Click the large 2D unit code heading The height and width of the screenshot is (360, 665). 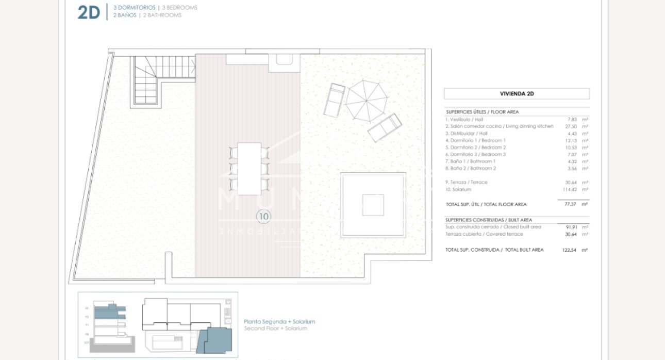88,12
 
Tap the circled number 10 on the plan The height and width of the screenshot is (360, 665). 263,217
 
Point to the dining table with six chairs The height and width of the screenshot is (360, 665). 250,169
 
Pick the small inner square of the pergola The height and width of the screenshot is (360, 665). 373,205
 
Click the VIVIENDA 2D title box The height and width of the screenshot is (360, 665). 517,94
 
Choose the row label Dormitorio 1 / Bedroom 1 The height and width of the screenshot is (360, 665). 475,140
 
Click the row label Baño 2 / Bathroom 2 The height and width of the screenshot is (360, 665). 471,168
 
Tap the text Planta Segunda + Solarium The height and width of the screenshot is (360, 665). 279,321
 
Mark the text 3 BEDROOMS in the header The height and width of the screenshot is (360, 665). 179,8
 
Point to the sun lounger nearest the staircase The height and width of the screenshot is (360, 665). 334,100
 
